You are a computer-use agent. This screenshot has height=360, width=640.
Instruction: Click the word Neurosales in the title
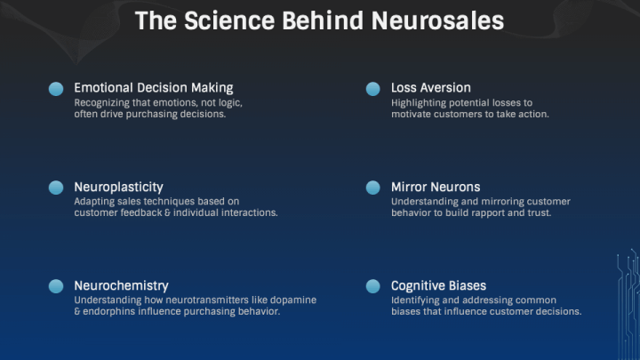click(x=437, y=20)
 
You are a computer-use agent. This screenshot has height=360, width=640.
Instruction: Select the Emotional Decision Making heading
click(x=154, y=88)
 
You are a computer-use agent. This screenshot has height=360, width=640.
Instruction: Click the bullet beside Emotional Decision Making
click(x=56, y=89)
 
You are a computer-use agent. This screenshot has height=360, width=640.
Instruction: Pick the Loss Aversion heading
click(x=431, y=88)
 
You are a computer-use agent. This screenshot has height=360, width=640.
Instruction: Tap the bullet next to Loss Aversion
click(x=373, y=89)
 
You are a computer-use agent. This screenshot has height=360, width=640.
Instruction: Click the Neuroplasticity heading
click(x=118, y=188)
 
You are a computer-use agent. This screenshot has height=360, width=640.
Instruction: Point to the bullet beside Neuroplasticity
click(x=56, y=188)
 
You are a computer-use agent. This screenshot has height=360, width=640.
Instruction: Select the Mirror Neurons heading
click(x=436, y=187)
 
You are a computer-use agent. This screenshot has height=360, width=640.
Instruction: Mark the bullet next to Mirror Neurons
click(x=373, y=188)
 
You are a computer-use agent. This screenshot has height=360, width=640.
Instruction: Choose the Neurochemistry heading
click(x=121, y=285)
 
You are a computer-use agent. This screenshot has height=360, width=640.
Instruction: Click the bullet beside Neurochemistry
click(x=56, y=286)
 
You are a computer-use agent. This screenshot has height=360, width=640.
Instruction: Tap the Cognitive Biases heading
click(x=439, y=286)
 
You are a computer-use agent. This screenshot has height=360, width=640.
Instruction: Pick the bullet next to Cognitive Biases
click(x=373, y=286)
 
